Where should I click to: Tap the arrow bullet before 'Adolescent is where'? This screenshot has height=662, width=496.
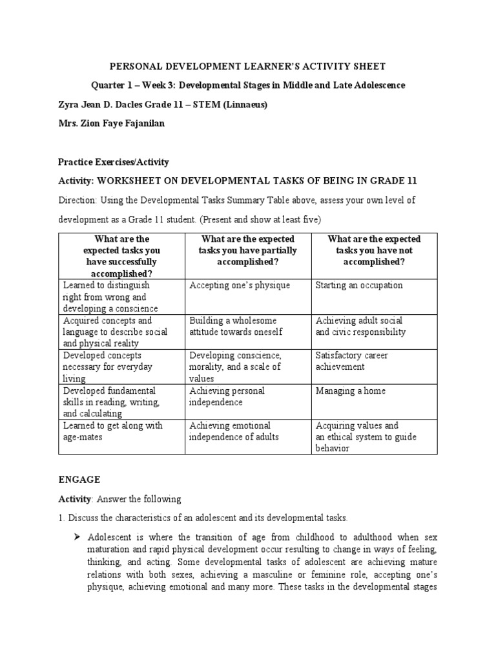76,537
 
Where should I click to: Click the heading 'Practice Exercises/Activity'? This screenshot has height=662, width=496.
114,162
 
